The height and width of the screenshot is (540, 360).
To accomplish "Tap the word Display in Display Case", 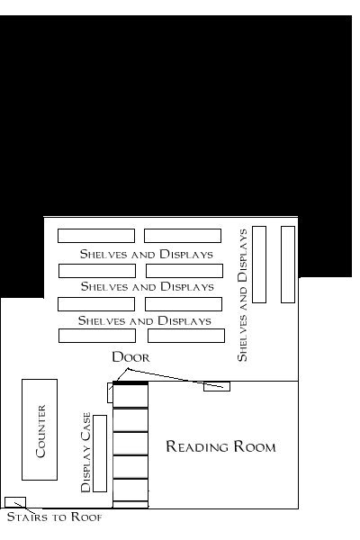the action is [85, 471].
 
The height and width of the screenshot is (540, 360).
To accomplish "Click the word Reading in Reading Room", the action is [197, 446].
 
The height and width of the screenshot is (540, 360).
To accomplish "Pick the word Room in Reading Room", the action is [255, 446].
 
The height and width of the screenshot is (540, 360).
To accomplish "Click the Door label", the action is [130, 356].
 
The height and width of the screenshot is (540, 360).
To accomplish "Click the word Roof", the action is [86, 517].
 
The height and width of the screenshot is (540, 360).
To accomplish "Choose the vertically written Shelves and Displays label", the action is [242, 295].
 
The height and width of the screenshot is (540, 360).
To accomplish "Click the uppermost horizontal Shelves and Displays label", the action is [147, 254].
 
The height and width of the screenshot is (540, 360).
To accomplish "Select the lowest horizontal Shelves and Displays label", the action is [145, 320].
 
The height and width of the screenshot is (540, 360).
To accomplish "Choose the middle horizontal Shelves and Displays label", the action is [148, 286].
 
